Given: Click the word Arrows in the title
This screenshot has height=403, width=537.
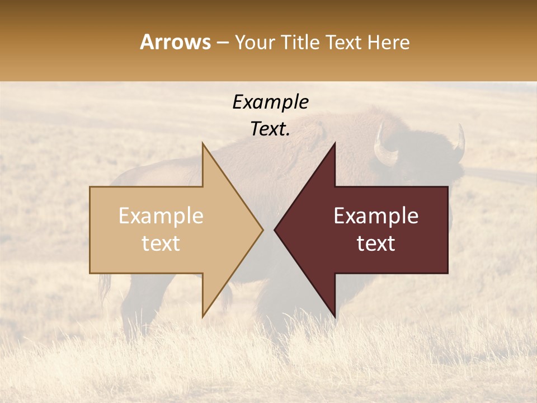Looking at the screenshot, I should tap(175, 42).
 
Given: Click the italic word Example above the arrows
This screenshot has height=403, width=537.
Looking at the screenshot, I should tap(270, 102).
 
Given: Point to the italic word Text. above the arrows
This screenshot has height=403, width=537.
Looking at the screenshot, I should tap(270, 129).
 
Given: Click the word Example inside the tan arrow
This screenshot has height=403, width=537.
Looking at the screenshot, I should tap(161, 216).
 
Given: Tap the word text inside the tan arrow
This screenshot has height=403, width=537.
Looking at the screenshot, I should tap(161, 243).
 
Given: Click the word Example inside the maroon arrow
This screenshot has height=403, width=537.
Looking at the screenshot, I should tap(376, 216).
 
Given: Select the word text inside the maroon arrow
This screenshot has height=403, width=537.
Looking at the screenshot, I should tap(376, 243).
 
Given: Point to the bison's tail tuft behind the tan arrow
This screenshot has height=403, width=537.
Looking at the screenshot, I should tap(105, 288).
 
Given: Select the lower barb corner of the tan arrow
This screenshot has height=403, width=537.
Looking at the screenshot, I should tap(202, 316).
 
